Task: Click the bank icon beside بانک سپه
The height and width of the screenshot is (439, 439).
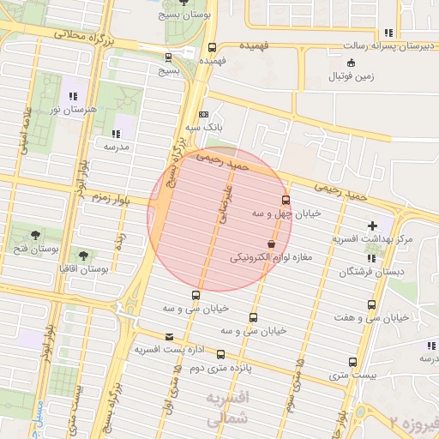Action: pos(203,114)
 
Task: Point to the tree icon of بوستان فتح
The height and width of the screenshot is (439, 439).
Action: pos(35,235)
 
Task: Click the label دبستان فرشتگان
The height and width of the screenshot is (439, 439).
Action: pos(370,272)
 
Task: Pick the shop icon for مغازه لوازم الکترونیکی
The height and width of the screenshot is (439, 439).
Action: pos(271,244)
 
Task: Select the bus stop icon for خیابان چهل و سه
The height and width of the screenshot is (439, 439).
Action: pos(286,200)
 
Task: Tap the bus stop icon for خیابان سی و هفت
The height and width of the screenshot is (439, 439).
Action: pos(371,304)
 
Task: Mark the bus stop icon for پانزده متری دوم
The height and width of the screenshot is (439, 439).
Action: pos(220,354)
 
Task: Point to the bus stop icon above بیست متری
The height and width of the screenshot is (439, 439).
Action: pos(352,362)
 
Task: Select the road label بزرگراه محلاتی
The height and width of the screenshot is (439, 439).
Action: pos(78,36)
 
